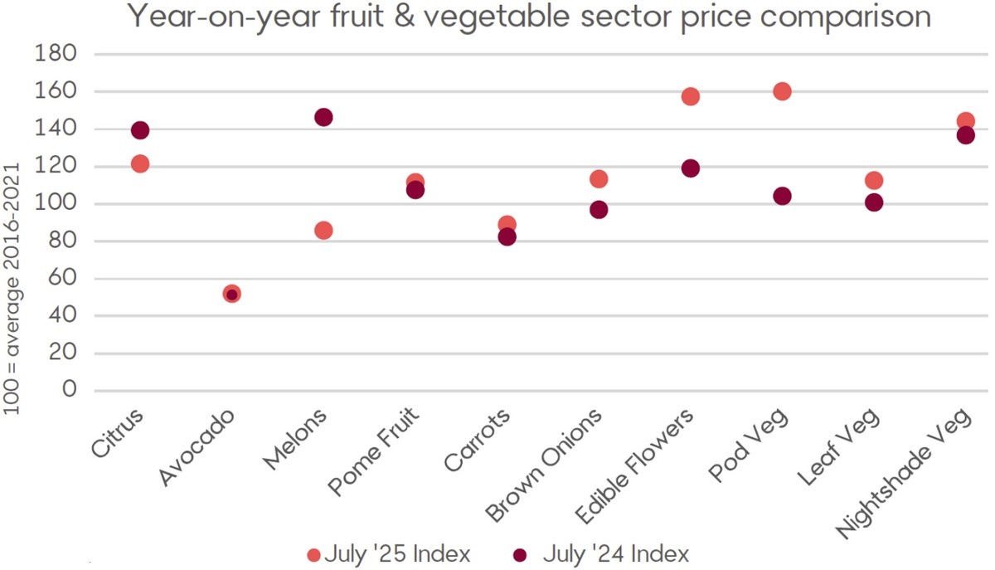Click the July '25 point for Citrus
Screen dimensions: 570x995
click(x=140, y=163)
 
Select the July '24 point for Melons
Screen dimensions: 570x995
click(x=323, y=117)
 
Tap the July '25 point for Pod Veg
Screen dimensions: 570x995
click(x=782, y=91)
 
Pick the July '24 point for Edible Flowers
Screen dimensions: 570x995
click(x=690, y=168)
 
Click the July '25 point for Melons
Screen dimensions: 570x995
click(x=323, y=230)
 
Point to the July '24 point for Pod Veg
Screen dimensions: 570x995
click(x=782, y=196)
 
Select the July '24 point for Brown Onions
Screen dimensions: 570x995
click(x=599, y=209)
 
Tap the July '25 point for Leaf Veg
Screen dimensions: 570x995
click(x=873, y=180)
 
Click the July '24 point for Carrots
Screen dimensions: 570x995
click(x=507, y=236)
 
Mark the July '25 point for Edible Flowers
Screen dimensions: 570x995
click(x=690, y=96)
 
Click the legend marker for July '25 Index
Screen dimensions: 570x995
click(x=313, y=554)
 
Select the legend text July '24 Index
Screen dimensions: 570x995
click(x=616, y=553)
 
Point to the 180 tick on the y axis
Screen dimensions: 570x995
click(x=57, y=54)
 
